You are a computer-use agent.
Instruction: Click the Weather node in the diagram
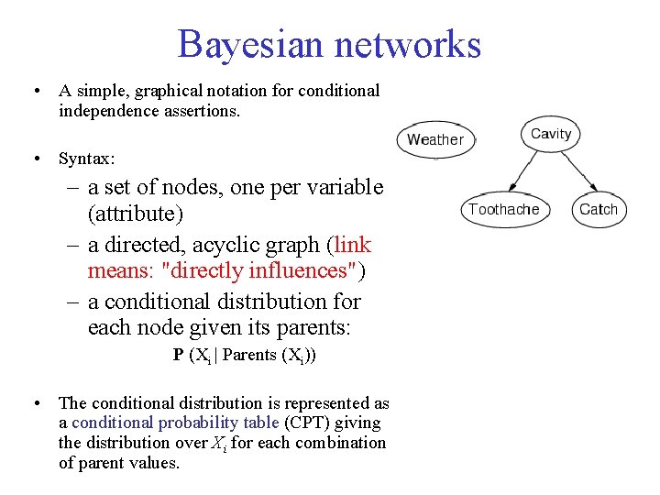[x=434, y=139]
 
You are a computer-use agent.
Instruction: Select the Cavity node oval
[x=550, y=134]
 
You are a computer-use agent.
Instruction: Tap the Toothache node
[x=503, y=209]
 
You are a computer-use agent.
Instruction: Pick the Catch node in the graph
[x=598, y=209]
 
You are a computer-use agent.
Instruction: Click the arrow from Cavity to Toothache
[x=523, y=173]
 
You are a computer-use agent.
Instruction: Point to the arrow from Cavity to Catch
[x=576, y=173]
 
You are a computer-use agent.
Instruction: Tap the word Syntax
[x=86, y=159]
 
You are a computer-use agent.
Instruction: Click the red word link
[x=353, y=245]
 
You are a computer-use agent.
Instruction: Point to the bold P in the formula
[x=178, y=355]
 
